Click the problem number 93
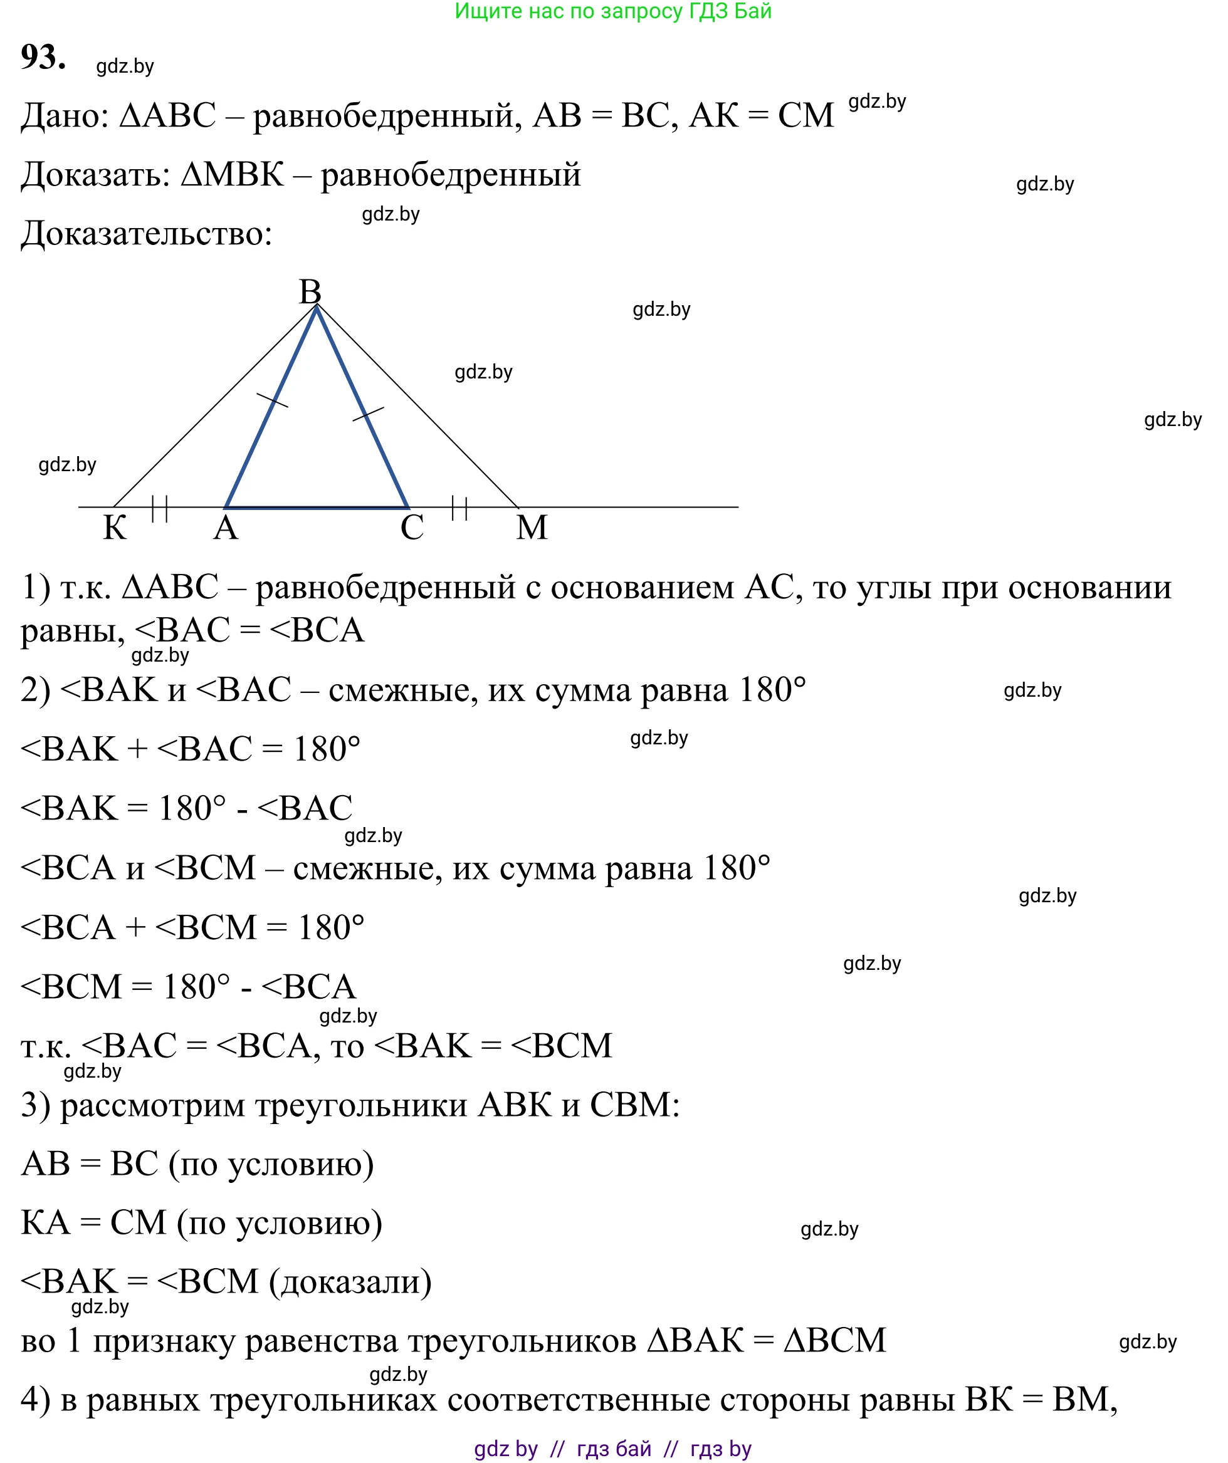point(43,57)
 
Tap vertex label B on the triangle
point(310,291)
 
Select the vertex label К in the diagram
point(115,528)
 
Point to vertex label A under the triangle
point(226,528)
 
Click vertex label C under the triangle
point(412,528)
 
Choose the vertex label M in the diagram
point(532,528)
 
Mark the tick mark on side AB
point(272,400)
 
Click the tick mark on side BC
point(368,414)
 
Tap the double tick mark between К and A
point(160,509)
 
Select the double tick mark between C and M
point(459,508)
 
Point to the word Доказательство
point(146,233)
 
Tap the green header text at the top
point(613,11)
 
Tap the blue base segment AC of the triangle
point(317,507)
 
